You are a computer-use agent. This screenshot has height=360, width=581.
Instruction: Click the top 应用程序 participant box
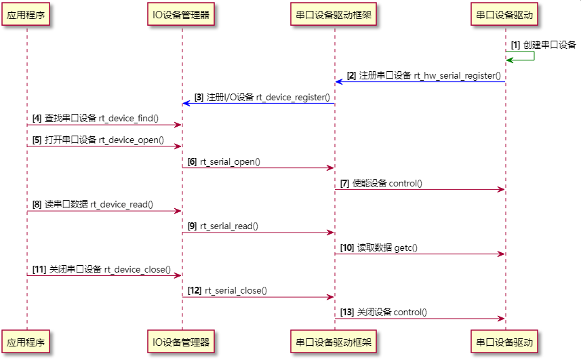coord(26,14)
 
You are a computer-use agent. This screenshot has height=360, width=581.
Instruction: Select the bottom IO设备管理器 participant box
coord(181,342)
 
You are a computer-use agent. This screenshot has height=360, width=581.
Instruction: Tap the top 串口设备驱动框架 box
coord(334,14)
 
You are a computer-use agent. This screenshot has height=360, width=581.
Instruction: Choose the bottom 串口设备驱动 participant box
coord(505,342)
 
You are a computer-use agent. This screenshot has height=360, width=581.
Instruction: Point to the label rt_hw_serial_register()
coord(458,76)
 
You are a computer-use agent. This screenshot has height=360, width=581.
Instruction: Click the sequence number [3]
coord(199,98)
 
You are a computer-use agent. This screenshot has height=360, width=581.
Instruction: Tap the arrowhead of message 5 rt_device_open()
coord(178,146)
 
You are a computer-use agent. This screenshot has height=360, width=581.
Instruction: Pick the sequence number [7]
coord(344,184)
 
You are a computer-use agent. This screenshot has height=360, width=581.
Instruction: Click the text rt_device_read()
coord(121,205)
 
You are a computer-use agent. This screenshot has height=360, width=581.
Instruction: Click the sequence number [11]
coord(39,269)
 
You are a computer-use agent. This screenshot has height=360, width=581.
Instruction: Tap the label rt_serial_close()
coord(235,291)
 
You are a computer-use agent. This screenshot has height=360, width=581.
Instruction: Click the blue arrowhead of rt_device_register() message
coord(185,103)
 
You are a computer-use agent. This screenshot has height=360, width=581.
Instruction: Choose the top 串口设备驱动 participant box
coord(505,14)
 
